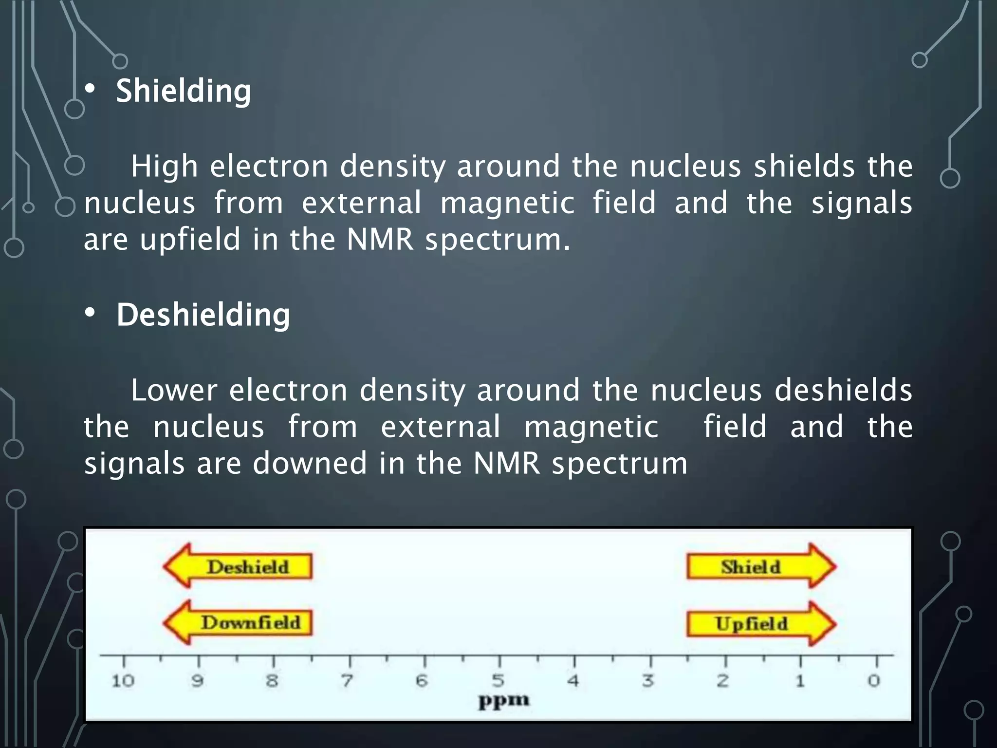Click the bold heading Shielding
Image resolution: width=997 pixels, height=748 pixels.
pyautogui.click(x=183, y=91)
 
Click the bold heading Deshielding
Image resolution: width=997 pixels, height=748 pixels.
pyautogui.click(x=203, y=315)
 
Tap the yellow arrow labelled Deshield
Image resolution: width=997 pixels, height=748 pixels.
pyautogui.click(x=239, y=566)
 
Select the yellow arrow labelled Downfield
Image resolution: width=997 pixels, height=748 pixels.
pyautogui.click(x=239, y=623)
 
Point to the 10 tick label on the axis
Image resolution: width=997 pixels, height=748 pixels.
pyautogui.click(x=123, y=680)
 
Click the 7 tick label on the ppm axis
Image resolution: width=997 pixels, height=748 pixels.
pyautogui.click(x=347, y=680)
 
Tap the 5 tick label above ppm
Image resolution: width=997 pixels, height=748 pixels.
pyautogui.click(x=498, y=680)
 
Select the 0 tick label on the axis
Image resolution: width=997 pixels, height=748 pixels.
pyautogui.click(x=874, y=680)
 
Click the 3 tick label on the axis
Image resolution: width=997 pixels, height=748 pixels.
pyautogui.click(x=647, y=680)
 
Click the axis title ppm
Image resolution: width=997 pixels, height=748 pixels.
pyautogui.click(x=503, y=700)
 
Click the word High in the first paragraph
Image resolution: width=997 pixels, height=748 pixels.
pyautogui.click(x=164, y=167)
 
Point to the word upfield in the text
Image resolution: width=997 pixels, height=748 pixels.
pyautogui.click(x=190, y=240)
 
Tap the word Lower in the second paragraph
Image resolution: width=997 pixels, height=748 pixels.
pyautogui.click(x=174, y=391)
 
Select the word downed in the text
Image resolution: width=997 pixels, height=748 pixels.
pyautogui.click(x=310, y=463)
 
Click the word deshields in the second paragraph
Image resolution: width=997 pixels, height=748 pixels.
pyautogui.click(x=843, y=391)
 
